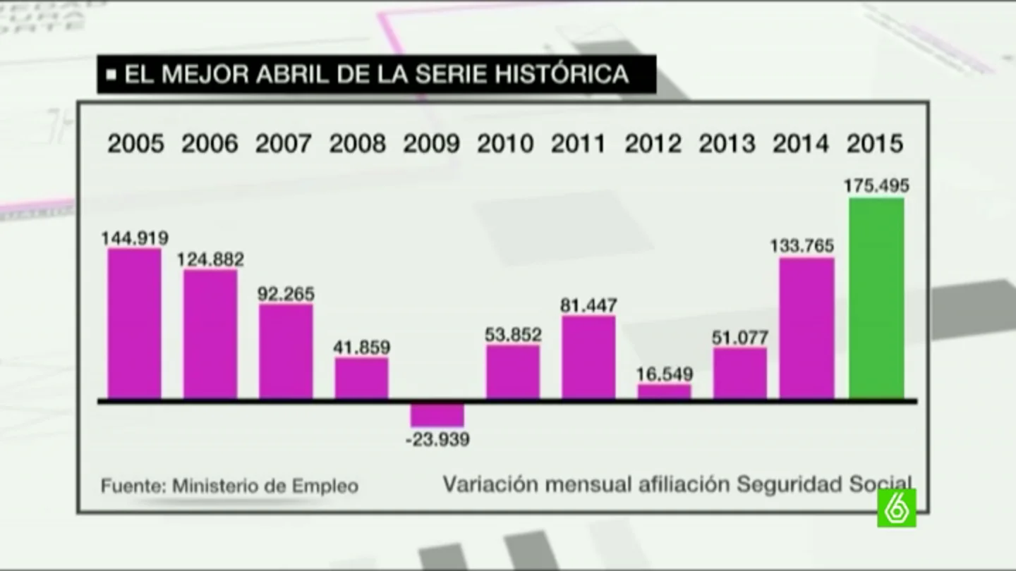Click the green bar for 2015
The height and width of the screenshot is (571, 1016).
pyautogui.click(x=876, y=298)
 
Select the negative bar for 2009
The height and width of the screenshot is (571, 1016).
pyautogui.click(x=437, y=415)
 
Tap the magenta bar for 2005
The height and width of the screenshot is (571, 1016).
pyautogui.click(x=135, y=324)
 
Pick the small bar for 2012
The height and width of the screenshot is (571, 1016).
pyautogui.click(x=665, y=391)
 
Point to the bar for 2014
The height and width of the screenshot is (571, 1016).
pyautogui.click(x=807, y=329)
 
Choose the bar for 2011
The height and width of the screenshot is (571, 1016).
pyautogui.click(x=588, y=357)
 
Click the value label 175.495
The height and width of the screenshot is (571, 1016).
pyautogui.click(x=876, y=186)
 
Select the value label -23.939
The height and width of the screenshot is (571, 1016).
pyautogui.click(x=437, y=440)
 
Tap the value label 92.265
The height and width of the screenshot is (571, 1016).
pyautogui.click(x=286, y=294)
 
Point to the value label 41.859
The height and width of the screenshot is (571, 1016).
pyautogui.click(x=361, y=348)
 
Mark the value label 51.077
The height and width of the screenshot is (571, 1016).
pyautogui.click(x=740, y=338)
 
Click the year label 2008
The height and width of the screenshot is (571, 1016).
pyautogui.click(x=358, y=144)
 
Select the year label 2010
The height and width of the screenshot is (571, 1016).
pyautogui.click(x=505, y=144)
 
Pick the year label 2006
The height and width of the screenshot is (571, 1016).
pyautogui.click(x=210, y=144)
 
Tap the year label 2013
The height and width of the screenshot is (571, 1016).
pyautogui.click(x=727, y=144)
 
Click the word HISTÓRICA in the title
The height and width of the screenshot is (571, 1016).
pyautogui.click(x=562, y=73)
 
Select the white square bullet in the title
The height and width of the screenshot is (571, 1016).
pyautogui.click(x=111, y=74)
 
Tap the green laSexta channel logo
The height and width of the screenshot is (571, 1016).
pyautogui.click(x=897, y=508)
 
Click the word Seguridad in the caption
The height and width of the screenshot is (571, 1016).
pyautogui.click(x=790, y=484)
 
